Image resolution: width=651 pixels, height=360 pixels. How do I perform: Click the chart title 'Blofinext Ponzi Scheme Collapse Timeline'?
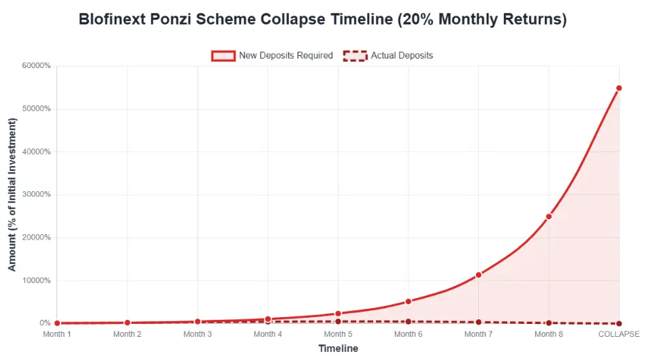pyautogui.click(x=322, y=19)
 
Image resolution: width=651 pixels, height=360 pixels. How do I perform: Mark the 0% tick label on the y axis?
pyautogui.click(x=44, y=323)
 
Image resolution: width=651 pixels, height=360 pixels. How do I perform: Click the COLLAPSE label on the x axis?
pyautogui.click(x=618, y=334)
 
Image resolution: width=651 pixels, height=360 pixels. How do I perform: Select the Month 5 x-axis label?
pyautogui.click(x=338, y=334)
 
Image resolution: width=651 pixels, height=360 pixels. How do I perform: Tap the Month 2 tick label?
pyautogui.click(x=127, y=334)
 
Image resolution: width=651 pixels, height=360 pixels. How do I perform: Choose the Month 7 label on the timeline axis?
pyautogui.click(x=479, y=334)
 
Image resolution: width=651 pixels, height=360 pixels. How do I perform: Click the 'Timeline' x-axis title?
pyautogui.click(x=338, y=348)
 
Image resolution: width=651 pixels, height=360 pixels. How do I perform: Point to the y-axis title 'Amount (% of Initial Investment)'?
pyautogui.click(x=12, y=195)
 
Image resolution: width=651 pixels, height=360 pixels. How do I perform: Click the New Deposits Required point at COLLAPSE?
pyautogui.click(x=619, y=88)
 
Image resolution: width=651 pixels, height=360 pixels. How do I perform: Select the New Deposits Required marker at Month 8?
pyautogui.click(x=549, y=216)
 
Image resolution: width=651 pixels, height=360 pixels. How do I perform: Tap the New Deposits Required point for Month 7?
pyautogui.click(x=479, y=275)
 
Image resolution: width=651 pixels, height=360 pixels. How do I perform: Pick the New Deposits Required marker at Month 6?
pyautogui.click(x=409, y=301)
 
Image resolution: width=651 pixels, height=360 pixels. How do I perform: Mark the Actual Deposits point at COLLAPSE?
pyautogui.click(x=619, y=324)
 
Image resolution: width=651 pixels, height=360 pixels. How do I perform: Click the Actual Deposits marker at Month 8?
pyautogui.click(x=549, y=323)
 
